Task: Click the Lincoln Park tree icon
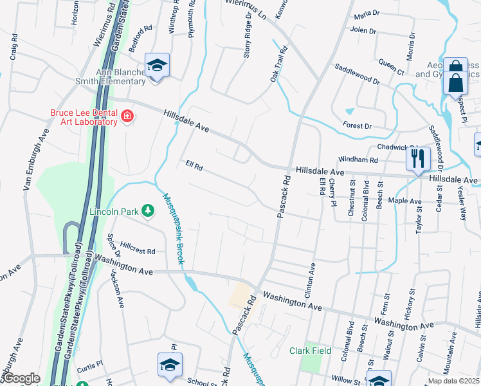[x=148, y=210]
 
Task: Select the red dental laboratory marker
[x=127, y=116]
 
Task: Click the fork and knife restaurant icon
[x=418, y=157]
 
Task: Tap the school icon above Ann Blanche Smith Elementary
[x=156, y=65]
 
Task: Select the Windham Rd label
[x=360, y=160]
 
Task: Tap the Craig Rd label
[x=14, y=48]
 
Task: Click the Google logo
[x=22, y=378]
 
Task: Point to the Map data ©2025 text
[x=453, y=381]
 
